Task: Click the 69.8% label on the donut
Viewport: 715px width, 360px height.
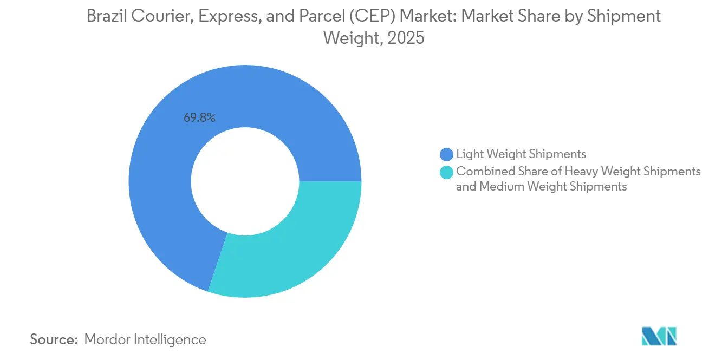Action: click(x=199, y=117)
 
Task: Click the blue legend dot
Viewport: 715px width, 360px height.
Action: click(x=447, y=154)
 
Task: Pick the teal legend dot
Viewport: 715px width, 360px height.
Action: click(x=447, y=172)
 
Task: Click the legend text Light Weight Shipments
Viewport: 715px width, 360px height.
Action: click(x=521, y=154)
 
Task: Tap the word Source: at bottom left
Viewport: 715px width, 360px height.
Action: click(x=54, y=339)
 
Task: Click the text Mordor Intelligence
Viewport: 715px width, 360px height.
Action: click(x=145, y=339)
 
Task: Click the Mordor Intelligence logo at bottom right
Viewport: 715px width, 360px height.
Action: click(x=659, y=336)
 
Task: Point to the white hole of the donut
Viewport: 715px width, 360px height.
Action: click(x=245, y=181)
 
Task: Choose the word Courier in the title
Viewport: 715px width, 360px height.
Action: click(x=162, y=16)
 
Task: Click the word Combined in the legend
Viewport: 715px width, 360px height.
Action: click(x=480, y=172)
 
